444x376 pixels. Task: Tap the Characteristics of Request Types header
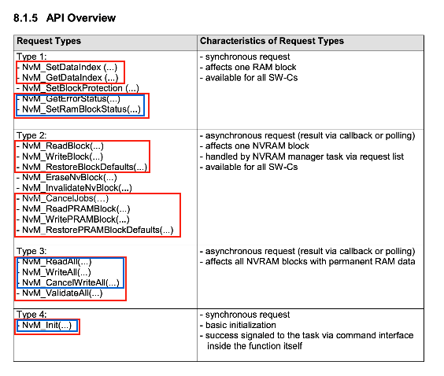click(272, 41)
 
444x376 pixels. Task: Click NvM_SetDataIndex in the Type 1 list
click(68, 67)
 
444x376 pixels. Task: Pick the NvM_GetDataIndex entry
click(68, 77)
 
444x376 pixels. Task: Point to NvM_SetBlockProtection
click(79, 88)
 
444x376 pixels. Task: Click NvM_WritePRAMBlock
click(76, 219)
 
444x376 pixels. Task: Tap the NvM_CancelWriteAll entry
click(70, 282)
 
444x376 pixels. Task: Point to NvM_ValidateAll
click(61, 293)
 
